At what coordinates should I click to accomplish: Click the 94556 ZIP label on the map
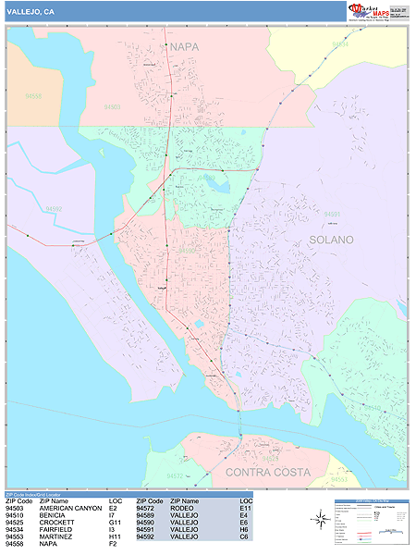click(34, 96)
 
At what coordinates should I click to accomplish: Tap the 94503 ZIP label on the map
click(112, 107)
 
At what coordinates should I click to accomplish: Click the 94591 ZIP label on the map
click(332, 214)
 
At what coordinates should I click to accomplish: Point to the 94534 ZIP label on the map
click(340, 43)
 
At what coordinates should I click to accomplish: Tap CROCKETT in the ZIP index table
click(57, 523)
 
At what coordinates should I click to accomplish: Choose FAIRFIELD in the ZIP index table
click(57, 530)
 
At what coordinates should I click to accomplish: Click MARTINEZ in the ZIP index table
click(56, 537)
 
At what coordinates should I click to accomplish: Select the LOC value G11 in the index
click(115, 523)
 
